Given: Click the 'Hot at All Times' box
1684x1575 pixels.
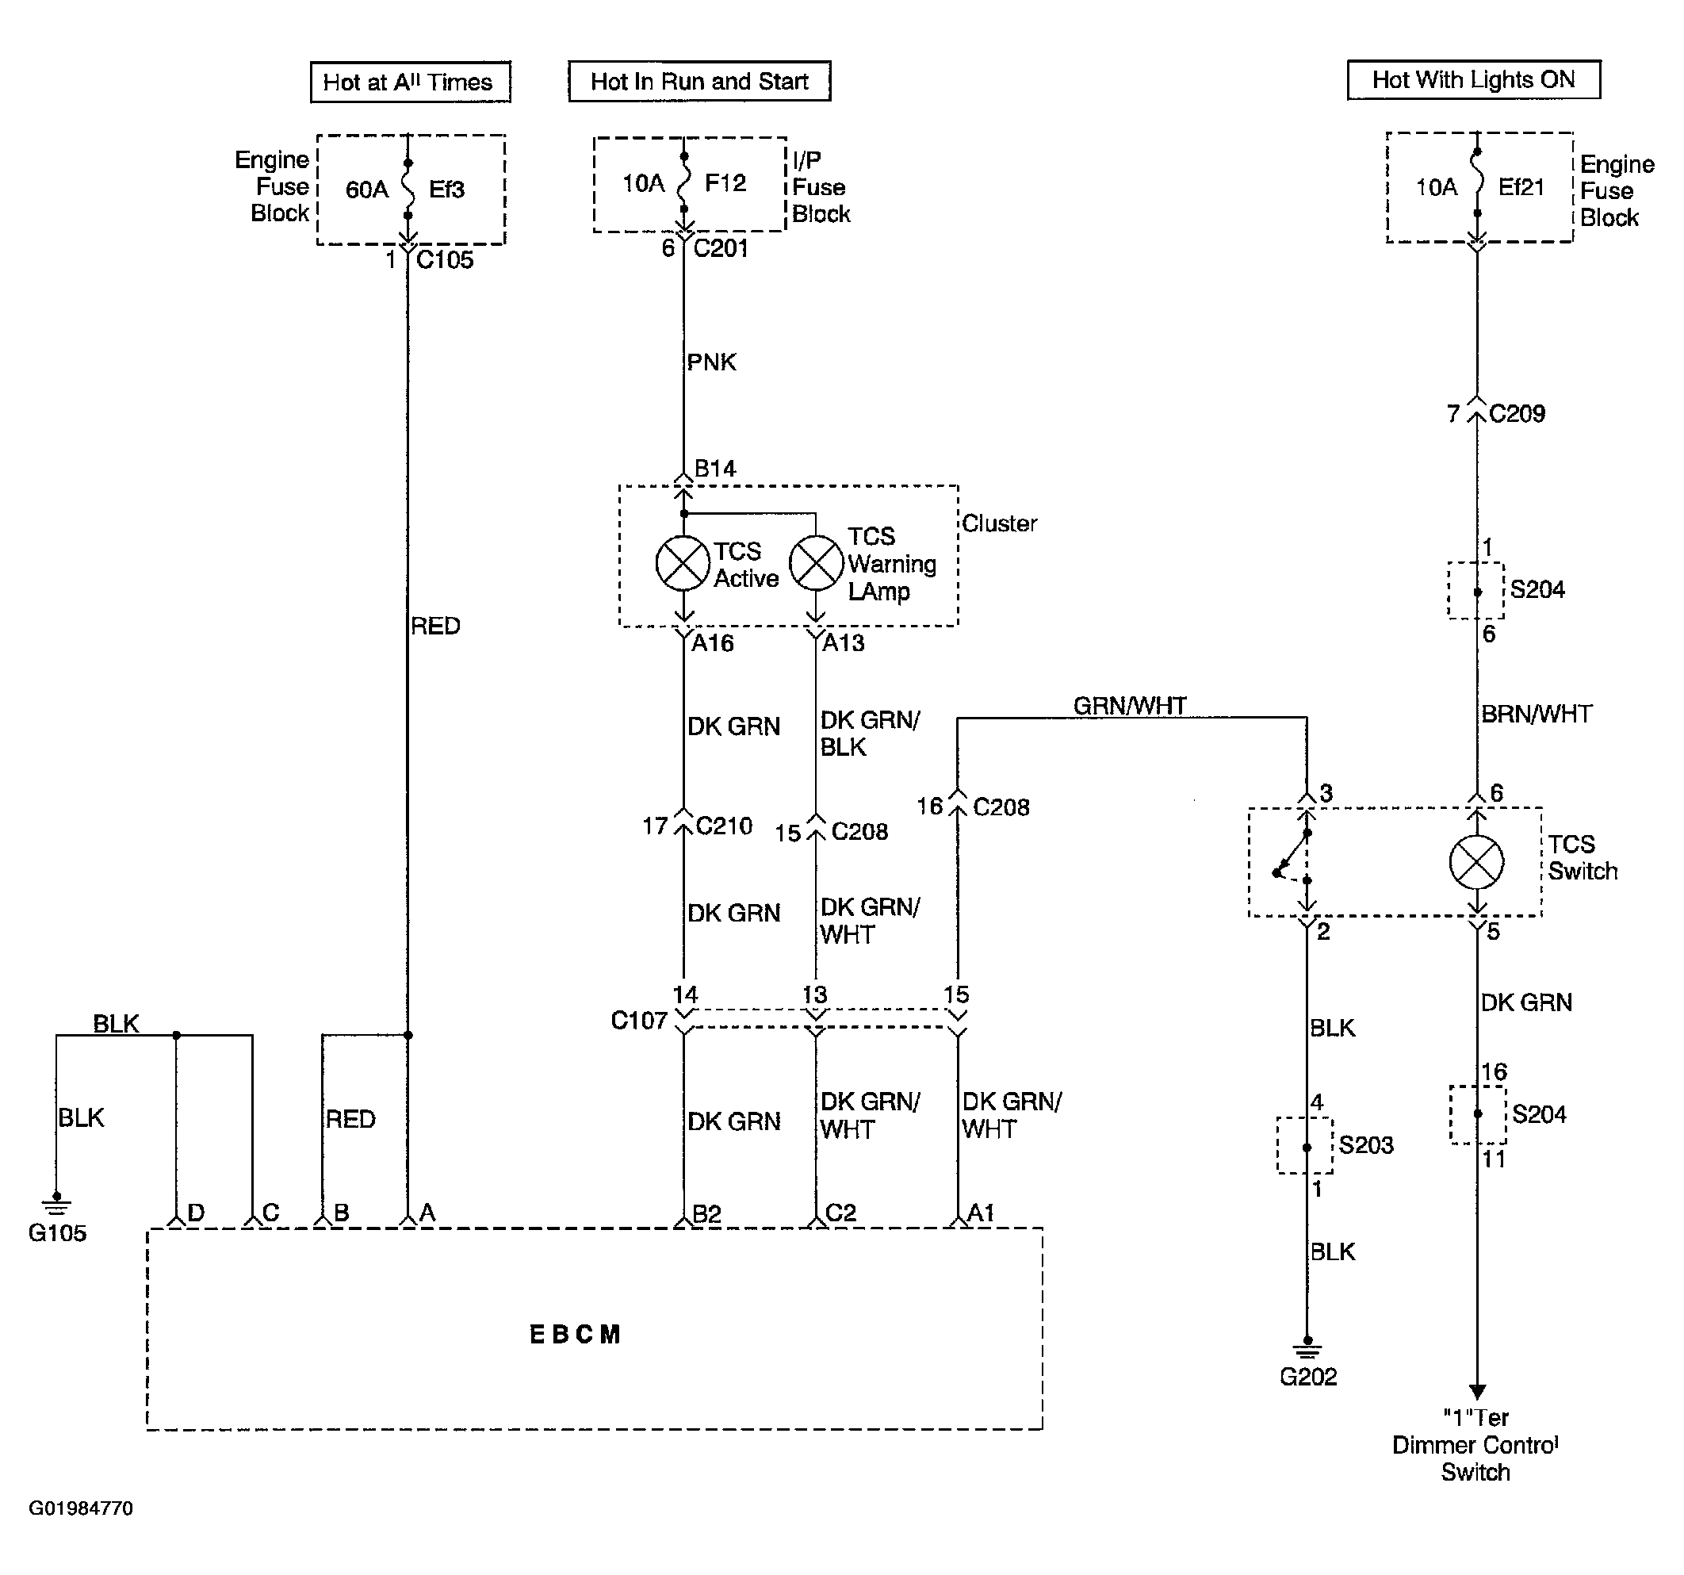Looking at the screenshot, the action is point(411,82).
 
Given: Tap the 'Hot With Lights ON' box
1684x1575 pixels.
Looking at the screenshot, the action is point(1474,79).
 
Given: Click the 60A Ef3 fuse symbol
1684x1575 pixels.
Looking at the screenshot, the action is point(408,188).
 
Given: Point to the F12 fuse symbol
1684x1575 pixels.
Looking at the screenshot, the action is point(683,182).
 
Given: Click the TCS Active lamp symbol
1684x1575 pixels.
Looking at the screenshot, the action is point(683,562).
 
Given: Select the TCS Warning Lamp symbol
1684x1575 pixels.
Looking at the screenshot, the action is point(816,562).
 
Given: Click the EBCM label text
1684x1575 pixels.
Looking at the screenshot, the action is point(575,1335).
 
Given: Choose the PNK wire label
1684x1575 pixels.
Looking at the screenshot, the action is point(711,362).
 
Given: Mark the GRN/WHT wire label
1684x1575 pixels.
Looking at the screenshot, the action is point(1130,706).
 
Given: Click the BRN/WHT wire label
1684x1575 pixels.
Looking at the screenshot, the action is point(1537,715).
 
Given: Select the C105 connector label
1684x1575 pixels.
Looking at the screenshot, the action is point(445,260).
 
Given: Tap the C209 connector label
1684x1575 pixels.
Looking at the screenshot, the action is point(1518,413).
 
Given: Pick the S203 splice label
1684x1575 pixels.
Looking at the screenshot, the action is point(1366,1145).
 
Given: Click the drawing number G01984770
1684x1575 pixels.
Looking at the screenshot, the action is point(82,1509).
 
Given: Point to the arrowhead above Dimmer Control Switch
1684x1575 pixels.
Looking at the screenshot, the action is point(1477,1392).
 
